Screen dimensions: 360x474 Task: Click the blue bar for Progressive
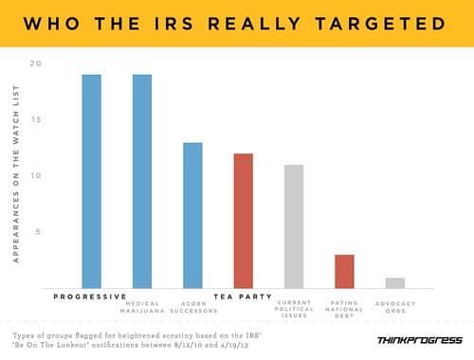[91, 180]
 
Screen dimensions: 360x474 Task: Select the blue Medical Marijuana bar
[142, 180]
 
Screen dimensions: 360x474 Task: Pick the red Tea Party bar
[243, 220]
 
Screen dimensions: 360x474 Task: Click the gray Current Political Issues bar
[293, 225]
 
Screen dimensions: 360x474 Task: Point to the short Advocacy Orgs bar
[394, 282]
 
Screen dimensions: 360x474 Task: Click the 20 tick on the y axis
[36, 63]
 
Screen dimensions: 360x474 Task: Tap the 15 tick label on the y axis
[36, 119]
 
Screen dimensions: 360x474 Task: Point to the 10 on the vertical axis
[36, 175]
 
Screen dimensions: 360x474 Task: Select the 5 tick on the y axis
[38, 231]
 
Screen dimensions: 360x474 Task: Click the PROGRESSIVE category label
[91, 296]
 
